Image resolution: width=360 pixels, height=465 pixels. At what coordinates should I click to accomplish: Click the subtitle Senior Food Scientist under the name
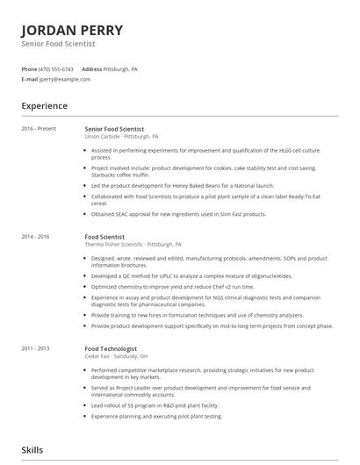click(x=58, y=43)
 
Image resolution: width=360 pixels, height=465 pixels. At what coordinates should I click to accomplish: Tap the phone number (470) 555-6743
click(x=56, y=68)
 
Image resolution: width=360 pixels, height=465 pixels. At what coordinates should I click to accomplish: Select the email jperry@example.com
click(x=65, y=79)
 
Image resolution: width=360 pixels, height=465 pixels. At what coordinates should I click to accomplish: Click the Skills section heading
click(x=32, y=450)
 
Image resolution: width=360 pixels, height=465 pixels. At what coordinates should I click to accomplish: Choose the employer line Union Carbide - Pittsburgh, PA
click(x=121, y=137)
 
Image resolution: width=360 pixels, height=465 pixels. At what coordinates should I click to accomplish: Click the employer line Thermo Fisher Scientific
click(x=133, y=245)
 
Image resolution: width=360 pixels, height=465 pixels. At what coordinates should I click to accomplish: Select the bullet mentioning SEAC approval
click(x=178, y=213)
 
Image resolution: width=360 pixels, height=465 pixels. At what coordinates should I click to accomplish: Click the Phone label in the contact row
click(x=29, y=68)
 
